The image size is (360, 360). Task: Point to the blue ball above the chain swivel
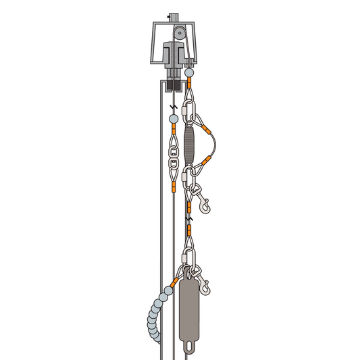173,118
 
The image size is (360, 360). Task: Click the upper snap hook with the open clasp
204,197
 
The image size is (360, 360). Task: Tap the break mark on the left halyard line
173,107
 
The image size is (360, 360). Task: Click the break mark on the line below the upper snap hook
191,221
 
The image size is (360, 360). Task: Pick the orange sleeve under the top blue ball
190,82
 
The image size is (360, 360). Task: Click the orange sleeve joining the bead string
176,279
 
